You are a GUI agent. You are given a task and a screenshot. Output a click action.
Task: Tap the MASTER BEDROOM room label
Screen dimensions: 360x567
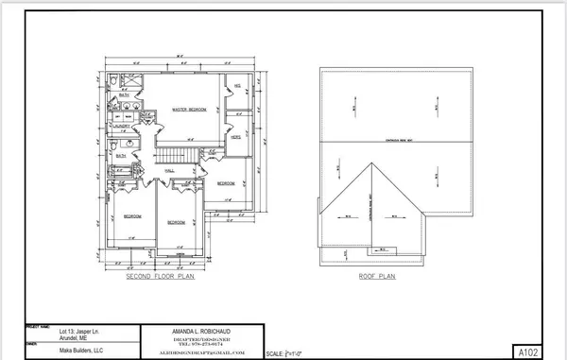point(189,111)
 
